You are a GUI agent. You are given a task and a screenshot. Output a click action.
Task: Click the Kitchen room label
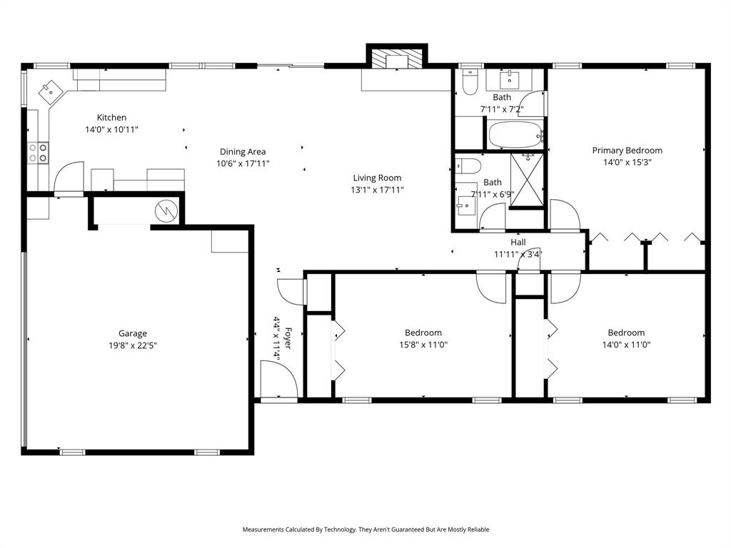(111, 118)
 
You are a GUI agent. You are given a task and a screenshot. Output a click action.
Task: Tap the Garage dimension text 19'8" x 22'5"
(133, 345)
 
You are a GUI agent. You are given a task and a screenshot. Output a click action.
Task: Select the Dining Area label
(243, 151)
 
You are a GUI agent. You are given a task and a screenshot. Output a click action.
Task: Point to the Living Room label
(377, 178)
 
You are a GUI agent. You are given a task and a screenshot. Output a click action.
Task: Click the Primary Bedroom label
(627, 150)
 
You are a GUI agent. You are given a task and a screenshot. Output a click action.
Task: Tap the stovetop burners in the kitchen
(38, 153)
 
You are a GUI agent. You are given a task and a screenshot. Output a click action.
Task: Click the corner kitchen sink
(50, 92)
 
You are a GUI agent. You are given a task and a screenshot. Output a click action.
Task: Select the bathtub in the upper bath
(515, 135)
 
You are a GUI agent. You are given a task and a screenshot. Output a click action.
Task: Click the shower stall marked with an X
(528, 179)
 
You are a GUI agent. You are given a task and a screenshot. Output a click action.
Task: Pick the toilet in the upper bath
(470, 82)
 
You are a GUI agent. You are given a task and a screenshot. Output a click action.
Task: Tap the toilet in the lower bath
(468, 166)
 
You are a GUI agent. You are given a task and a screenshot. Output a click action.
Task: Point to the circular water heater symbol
(166, 211)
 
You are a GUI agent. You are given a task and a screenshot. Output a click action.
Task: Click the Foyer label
(288, 339)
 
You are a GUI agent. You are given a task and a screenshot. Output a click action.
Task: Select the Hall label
(518, 243)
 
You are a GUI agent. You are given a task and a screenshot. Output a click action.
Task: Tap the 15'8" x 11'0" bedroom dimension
(423, 345)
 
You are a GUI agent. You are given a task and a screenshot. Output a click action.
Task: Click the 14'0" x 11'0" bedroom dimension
(626, 345)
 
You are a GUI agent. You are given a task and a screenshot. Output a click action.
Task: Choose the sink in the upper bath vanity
(510, 80)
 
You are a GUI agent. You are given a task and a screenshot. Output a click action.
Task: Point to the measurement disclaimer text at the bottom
(365, 529)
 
